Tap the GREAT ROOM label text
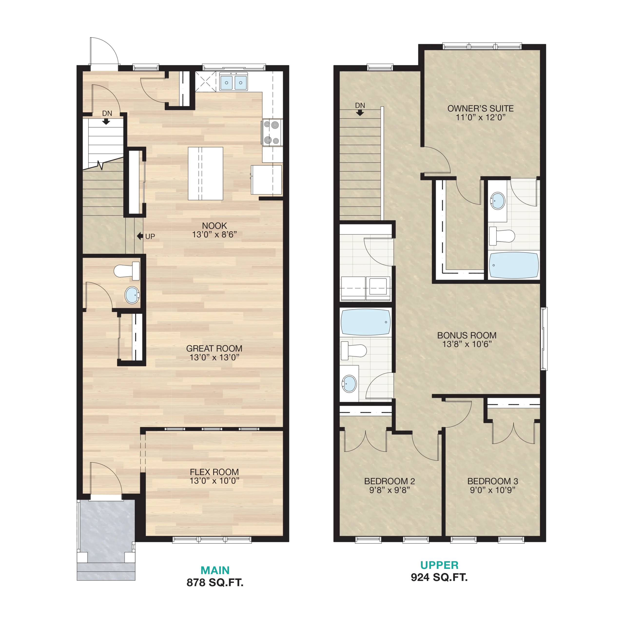pyautogui.click(x=214, y=349)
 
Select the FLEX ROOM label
pyautogui.click(x=214, y=472)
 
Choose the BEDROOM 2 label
pyautogui.click(x=390, y=481)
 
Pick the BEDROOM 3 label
pyautogui.click(x=493, y=481)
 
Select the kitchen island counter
pyautogui.click(x=205, y=174)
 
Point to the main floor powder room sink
pyautogui.click(x=132, y=295)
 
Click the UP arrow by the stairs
pyautogui.click(x=140, y=236)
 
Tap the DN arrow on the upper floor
pyautogui.click(x=360, y=113)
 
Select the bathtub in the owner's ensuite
pyautogui.click(x=514, y=265)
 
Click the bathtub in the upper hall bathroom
pyautogui.click(x=366, y=322)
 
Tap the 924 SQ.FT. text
pyautogui.click(x=439, y=577)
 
